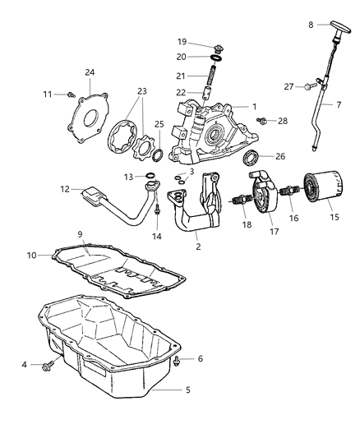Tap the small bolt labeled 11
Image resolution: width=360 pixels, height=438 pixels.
[71, 95]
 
